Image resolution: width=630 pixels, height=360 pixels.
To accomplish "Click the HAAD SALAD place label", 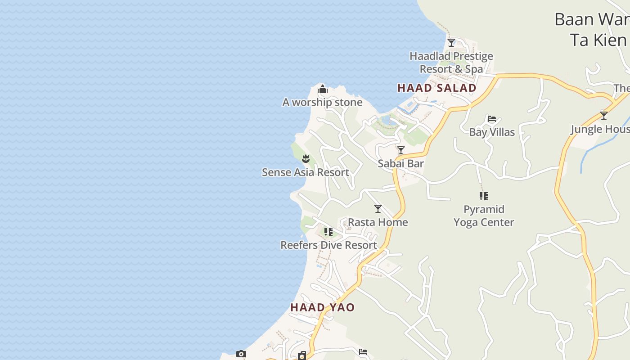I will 436,88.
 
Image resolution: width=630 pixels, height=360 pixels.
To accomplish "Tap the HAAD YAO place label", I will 322,307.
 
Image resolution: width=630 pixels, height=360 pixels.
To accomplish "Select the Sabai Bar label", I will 400,163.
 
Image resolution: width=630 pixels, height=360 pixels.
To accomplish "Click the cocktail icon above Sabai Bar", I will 400,150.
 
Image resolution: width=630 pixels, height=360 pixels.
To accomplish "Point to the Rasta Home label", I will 378,222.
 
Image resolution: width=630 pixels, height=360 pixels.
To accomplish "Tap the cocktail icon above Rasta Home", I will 378,208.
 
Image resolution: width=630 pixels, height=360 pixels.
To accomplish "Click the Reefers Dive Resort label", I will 328,245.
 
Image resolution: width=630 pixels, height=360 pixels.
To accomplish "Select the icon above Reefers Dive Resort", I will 328,232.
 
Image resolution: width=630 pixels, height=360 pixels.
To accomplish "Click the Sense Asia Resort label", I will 306,172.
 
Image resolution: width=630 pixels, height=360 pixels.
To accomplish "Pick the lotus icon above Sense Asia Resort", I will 306,158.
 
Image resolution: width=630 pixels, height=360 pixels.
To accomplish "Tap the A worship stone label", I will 322,102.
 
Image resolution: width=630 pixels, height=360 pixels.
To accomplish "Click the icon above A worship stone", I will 322,90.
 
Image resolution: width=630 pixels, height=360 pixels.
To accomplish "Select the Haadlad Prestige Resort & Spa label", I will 451,63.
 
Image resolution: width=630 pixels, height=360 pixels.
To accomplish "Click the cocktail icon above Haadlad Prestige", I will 451,43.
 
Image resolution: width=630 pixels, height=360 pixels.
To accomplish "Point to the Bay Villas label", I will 492,132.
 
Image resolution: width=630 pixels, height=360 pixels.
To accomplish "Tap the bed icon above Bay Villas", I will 492,119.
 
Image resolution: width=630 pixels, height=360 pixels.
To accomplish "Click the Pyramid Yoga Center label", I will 484,216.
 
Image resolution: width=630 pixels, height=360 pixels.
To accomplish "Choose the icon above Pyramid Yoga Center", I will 484,196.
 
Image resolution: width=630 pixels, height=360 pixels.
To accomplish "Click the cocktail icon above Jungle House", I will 604,116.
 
